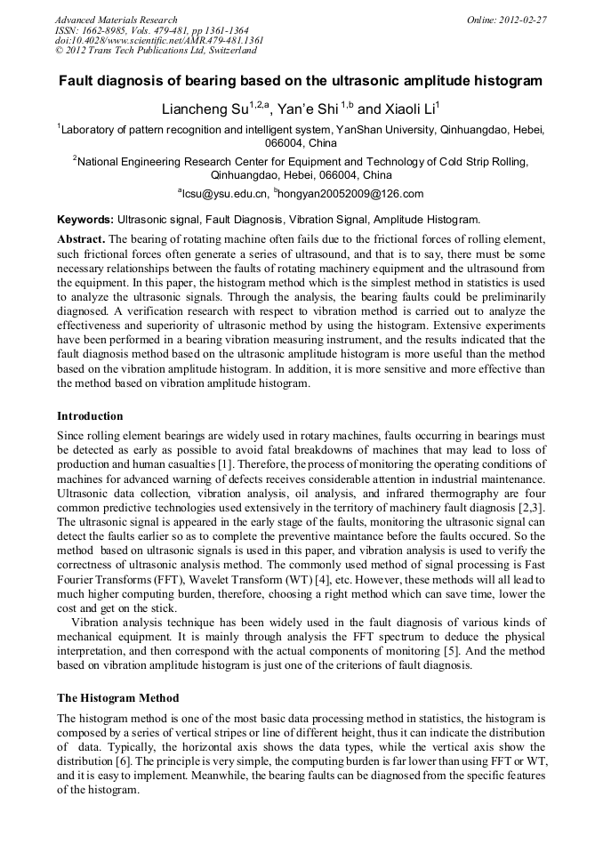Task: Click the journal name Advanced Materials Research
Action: coord(116,20)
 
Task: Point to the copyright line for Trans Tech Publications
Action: coord(156,51)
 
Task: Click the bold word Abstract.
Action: coord(81,240)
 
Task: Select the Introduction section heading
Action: coord(90,416)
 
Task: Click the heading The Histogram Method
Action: coord(117,698)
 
